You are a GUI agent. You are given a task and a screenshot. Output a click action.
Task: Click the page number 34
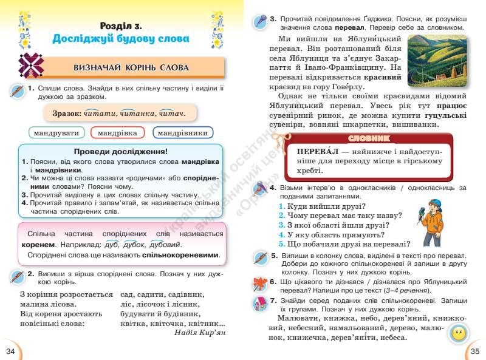pyautogui.click(x=10, y=351)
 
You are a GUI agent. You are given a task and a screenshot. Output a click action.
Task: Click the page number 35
pyautogui.click(x=475, y=351)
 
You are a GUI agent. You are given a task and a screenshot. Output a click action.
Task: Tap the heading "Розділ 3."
pyautogui.click(x=121, y=25)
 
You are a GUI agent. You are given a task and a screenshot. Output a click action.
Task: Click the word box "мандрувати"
pyautogui.click(x=56, y=132)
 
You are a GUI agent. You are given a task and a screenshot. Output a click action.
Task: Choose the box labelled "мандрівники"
pyautogui.click(x=183, y=132)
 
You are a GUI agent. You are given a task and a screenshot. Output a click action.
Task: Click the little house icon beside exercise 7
pyautogui.click(x=259, y=303)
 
